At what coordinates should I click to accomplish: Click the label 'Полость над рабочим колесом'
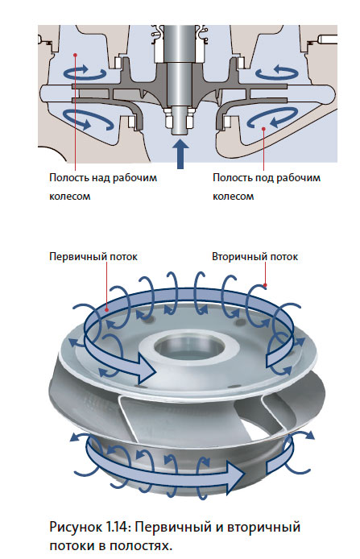[103, 187]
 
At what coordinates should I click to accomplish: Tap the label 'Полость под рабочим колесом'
[267, 187]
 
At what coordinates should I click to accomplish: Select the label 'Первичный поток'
[93, 257]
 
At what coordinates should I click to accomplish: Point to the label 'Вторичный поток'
[254, 257]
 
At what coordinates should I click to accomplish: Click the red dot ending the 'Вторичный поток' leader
[265, 285]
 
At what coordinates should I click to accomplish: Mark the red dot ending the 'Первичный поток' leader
[106, 310]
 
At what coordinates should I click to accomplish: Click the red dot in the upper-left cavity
[75, 54]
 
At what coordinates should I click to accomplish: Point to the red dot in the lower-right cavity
[264, 128]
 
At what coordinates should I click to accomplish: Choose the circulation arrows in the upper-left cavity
[85, 72]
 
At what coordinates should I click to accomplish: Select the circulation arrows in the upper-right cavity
[277, 72]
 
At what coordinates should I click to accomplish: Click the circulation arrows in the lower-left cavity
[88, 119]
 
